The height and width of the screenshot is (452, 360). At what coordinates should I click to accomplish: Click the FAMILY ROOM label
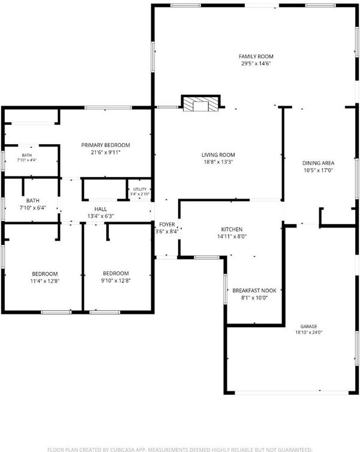click(256, 56)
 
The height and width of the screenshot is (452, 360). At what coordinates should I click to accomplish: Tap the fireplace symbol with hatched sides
click(200, 103)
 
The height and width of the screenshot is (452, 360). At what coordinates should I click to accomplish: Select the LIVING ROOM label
click(218, 155)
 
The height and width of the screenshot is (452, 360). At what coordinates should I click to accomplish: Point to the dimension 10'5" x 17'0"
click(318, 170)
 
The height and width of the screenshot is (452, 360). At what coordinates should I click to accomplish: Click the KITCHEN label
click(232, 229)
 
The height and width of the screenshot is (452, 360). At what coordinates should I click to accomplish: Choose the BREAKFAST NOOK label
click(254, 291)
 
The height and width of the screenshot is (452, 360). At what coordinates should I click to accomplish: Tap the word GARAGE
click(308, 327)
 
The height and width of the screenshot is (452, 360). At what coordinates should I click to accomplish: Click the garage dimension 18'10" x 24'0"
click(308, 332)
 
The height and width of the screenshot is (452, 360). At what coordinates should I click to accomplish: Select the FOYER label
click(167, 224)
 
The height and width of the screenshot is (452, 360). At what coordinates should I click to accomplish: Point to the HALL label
click(101, 209)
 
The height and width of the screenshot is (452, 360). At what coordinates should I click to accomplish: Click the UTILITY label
click(140, 189)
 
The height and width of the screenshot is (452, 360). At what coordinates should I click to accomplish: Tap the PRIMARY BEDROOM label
click(106, 145)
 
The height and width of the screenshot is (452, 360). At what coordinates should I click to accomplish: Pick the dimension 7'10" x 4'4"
click(27, 160)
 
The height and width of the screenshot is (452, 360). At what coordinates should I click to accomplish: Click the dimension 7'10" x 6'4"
click(33, 208)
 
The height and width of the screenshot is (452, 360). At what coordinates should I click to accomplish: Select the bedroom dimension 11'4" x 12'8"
click(44, 281)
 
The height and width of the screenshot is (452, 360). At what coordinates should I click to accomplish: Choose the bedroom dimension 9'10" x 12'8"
click(116, 280)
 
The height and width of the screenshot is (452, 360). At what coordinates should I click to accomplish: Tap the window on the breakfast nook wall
click(225, 289)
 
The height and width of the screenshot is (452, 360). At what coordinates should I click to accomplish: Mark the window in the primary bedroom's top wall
click(109, 108)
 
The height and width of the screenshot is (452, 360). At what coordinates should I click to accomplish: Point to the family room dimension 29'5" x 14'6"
click(256, 64)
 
